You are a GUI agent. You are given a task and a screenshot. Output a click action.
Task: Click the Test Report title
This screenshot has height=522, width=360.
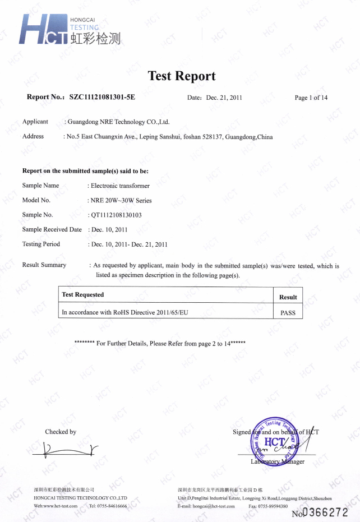[181, 76]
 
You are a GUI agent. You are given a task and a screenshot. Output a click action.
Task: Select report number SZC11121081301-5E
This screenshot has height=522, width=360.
[102, 97]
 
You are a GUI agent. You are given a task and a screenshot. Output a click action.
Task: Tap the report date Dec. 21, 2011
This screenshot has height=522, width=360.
[224, 98]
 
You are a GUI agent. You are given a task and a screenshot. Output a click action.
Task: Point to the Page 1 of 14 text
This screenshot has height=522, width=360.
[311, 98]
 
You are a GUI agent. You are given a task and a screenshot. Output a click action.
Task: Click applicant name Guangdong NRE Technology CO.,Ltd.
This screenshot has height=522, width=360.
[118, 122]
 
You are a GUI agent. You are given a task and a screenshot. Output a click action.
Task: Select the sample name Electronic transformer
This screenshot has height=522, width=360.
[120, 186]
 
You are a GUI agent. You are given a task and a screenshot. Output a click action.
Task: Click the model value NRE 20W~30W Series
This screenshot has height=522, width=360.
[121, 200]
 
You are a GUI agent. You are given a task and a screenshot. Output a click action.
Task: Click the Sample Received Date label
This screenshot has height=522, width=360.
[52, 229]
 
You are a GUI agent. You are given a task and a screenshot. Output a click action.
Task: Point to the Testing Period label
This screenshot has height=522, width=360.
[41, 244]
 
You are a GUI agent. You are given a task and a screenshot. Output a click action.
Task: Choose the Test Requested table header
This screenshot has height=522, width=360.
[83, 294]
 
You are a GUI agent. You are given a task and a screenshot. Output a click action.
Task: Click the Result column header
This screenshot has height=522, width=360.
[288, 297]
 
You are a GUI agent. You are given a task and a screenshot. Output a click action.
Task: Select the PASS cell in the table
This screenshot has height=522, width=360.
[288, 313]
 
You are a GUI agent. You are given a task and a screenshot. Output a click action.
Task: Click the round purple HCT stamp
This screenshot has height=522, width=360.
[273, 442]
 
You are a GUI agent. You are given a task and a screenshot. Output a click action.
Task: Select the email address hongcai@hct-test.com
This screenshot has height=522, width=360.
[214, 506]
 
